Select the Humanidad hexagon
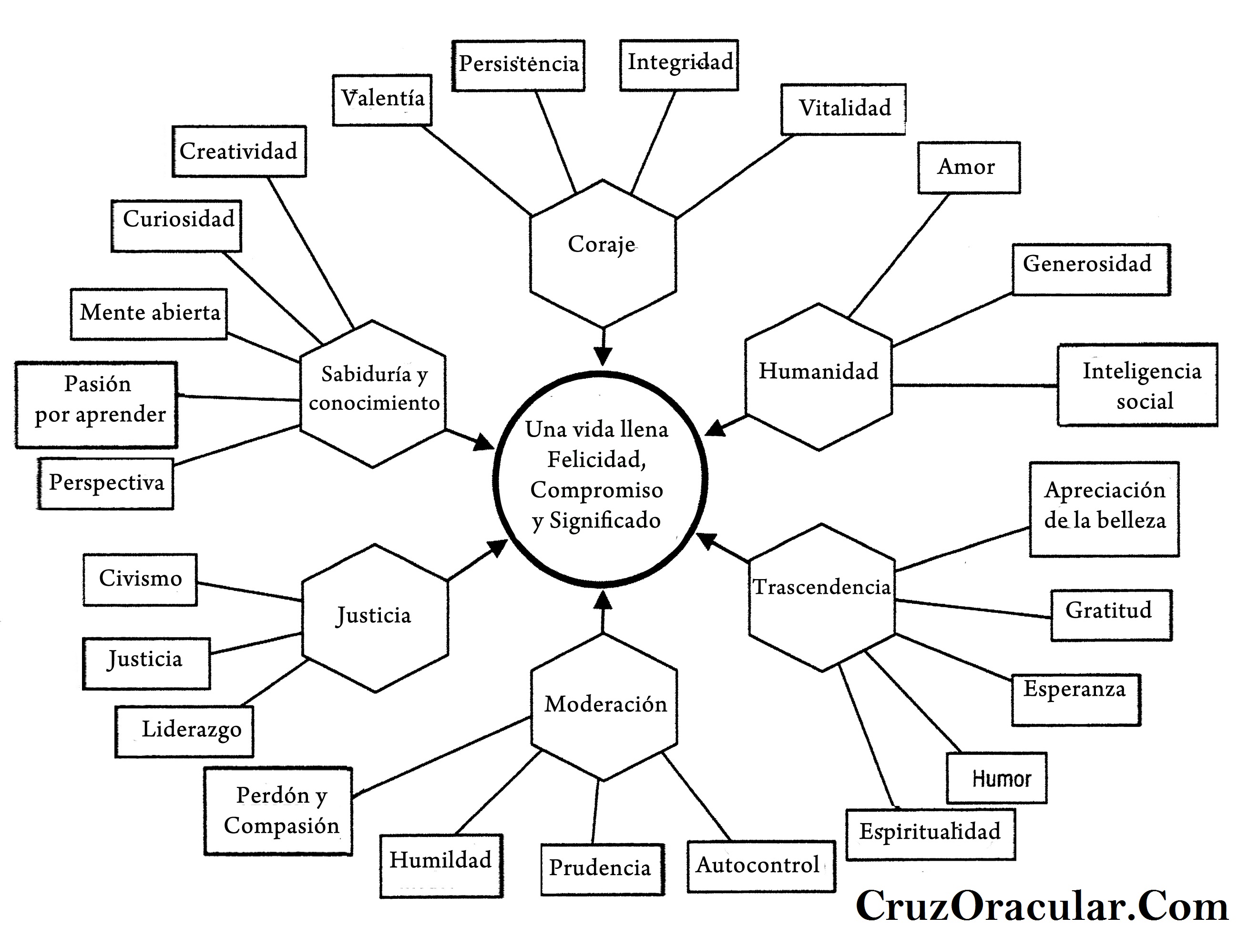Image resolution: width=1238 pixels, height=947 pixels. coord(819,377)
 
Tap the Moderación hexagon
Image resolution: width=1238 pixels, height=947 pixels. coord(604,707)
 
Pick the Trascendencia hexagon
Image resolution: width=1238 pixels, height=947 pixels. coord(822,598)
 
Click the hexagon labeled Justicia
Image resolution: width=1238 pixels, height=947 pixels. coord(375,618)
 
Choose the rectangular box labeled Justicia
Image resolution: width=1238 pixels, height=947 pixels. coord(146,663)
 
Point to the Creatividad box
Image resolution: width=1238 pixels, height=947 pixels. coord(239,151)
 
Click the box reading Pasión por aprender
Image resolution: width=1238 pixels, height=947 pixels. coord(96,405)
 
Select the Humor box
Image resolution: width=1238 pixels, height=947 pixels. coord(996,777)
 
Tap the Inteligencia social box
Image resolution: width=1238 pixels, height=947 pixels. coord(1136,385)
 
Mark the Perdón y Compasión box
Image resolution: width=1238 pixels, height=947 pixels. coord(278,811)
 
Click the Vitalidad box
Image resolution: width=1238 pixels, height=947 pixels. coord(843,109)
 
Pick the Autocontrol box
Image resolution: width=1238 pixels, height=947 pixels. coord(760,866)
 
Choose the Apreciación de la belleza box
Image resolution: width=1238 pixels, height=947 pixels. coord(1104,509)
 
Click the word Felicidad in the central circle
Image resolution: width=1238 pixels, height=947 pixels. coord(596,459)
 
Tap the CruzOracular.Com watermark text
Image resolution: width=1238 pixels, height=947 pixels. coord(1041,906)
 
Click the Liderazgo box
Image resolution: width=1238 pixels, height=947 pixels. coord(184,731)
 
